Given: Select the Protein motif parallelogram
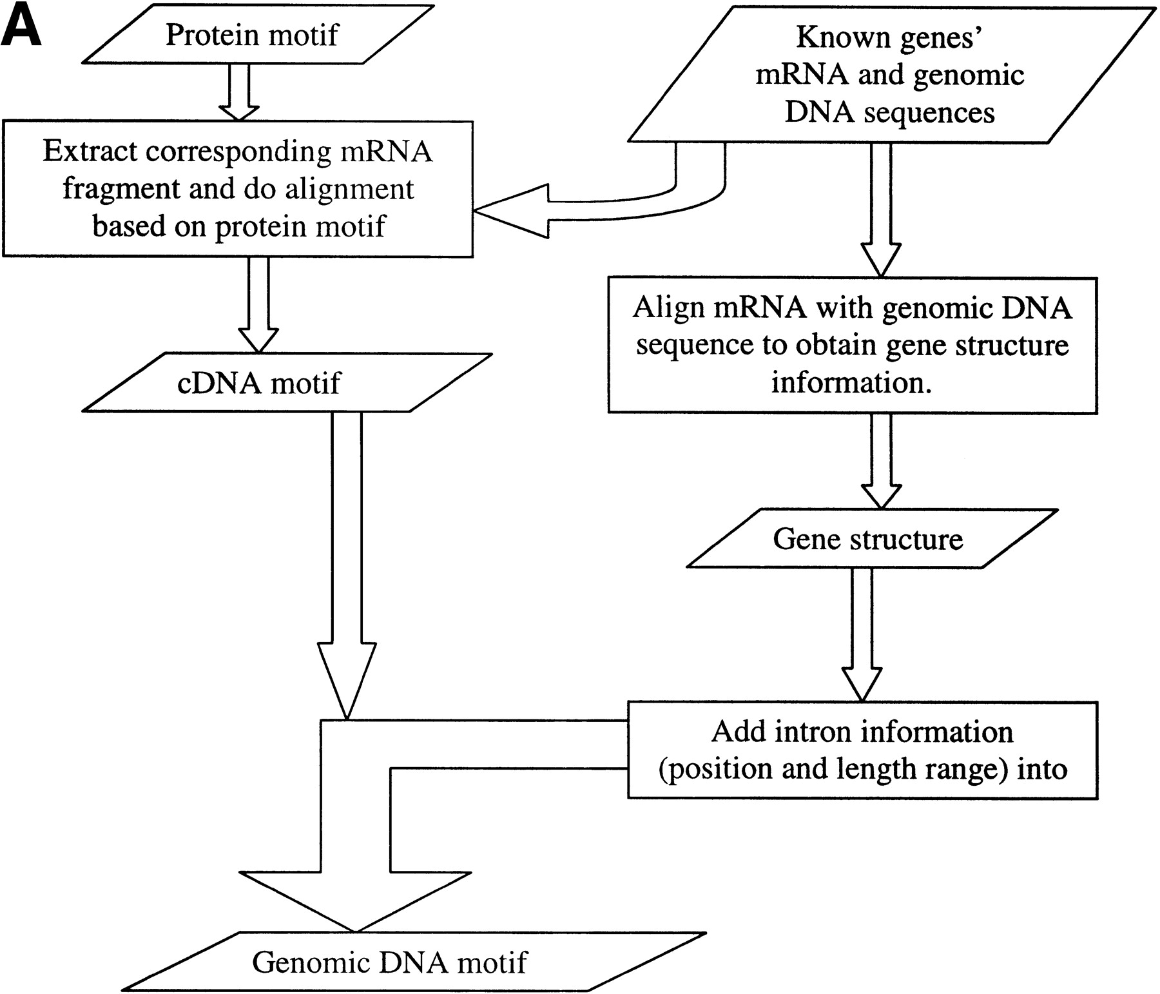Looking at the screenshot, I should [x=251, y=35].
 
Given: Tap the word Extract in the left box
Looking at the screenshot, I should [x=90, y=151].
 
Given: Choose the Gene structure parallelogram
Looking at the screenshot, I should [x=867, y=539].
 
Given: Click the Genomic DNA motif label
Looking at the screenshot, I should [x=389, y=962].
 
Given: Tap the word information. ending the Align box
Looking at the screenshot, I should [x=851, y=383].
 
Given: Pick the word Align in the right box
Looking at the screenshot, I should [x=666, y=307].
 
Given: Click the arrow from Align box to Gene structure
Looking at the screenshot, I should [x=881, y=460].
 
